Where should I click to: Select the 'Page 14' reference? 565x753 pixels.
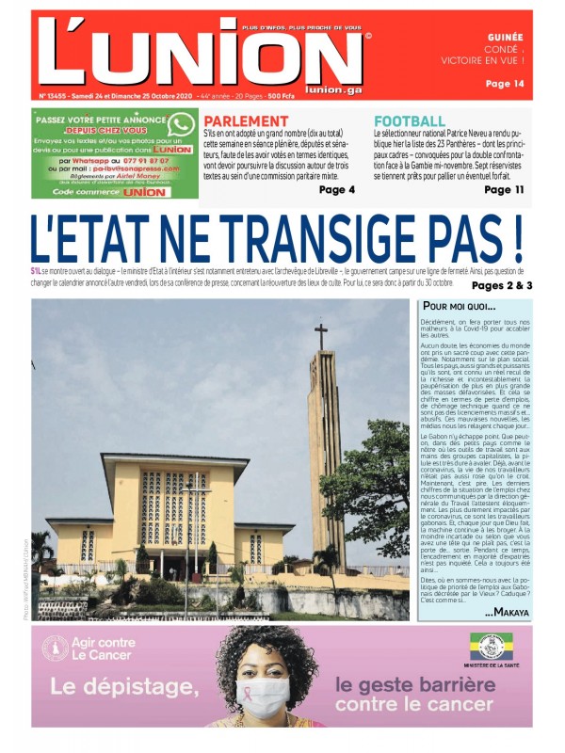coord(505,84)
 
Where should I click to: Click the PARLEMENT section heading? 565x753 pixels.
coord(246,121)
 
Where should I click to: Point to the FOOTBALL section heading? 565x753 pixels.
coord(410,121)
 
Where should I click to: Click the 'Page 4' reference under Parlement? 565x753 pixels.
coord(337,189)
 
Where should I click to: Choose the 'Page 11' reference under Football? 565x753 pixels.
coord(504,189)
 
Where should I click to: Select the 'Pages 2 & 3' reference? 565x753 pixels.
coord(502,285)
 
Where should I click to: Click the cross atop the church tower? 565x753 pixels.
coord(321,336)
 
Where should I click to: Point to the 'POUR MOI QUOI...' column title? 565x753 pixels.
coord(459,306)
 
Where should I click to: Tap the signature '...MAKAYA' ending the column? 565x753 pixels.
coord(507,613)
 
